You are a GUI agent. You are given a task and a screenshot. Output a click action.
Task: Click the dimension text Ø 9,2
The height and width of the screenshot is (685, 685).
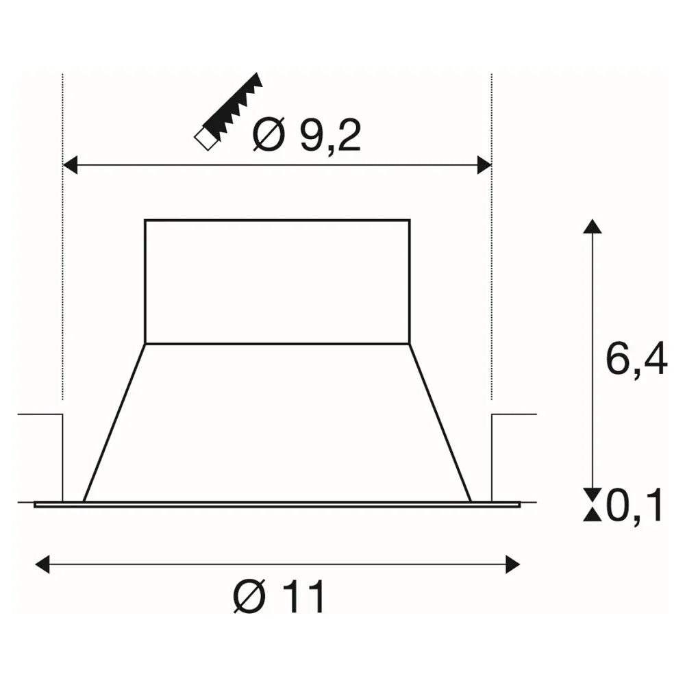307,134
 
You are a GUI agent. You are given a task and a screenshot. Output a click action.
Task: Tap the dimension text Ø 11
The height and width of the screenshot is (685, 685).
279,596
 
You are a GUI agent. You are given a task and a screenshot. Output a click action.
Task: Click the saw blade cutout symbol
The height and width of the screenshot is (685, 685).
229,112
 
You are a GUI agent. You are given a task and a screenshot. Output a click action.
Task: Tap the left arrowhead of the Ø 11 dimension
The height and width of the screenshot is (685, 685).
42,564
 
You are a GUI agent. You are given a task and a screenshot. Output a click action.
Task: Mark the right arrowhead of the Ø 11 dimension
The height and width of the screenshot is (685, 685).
513,564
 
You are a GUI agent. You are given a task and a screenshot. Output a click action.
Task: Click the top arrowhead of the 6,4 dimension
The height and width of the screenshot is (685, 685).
593,226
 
